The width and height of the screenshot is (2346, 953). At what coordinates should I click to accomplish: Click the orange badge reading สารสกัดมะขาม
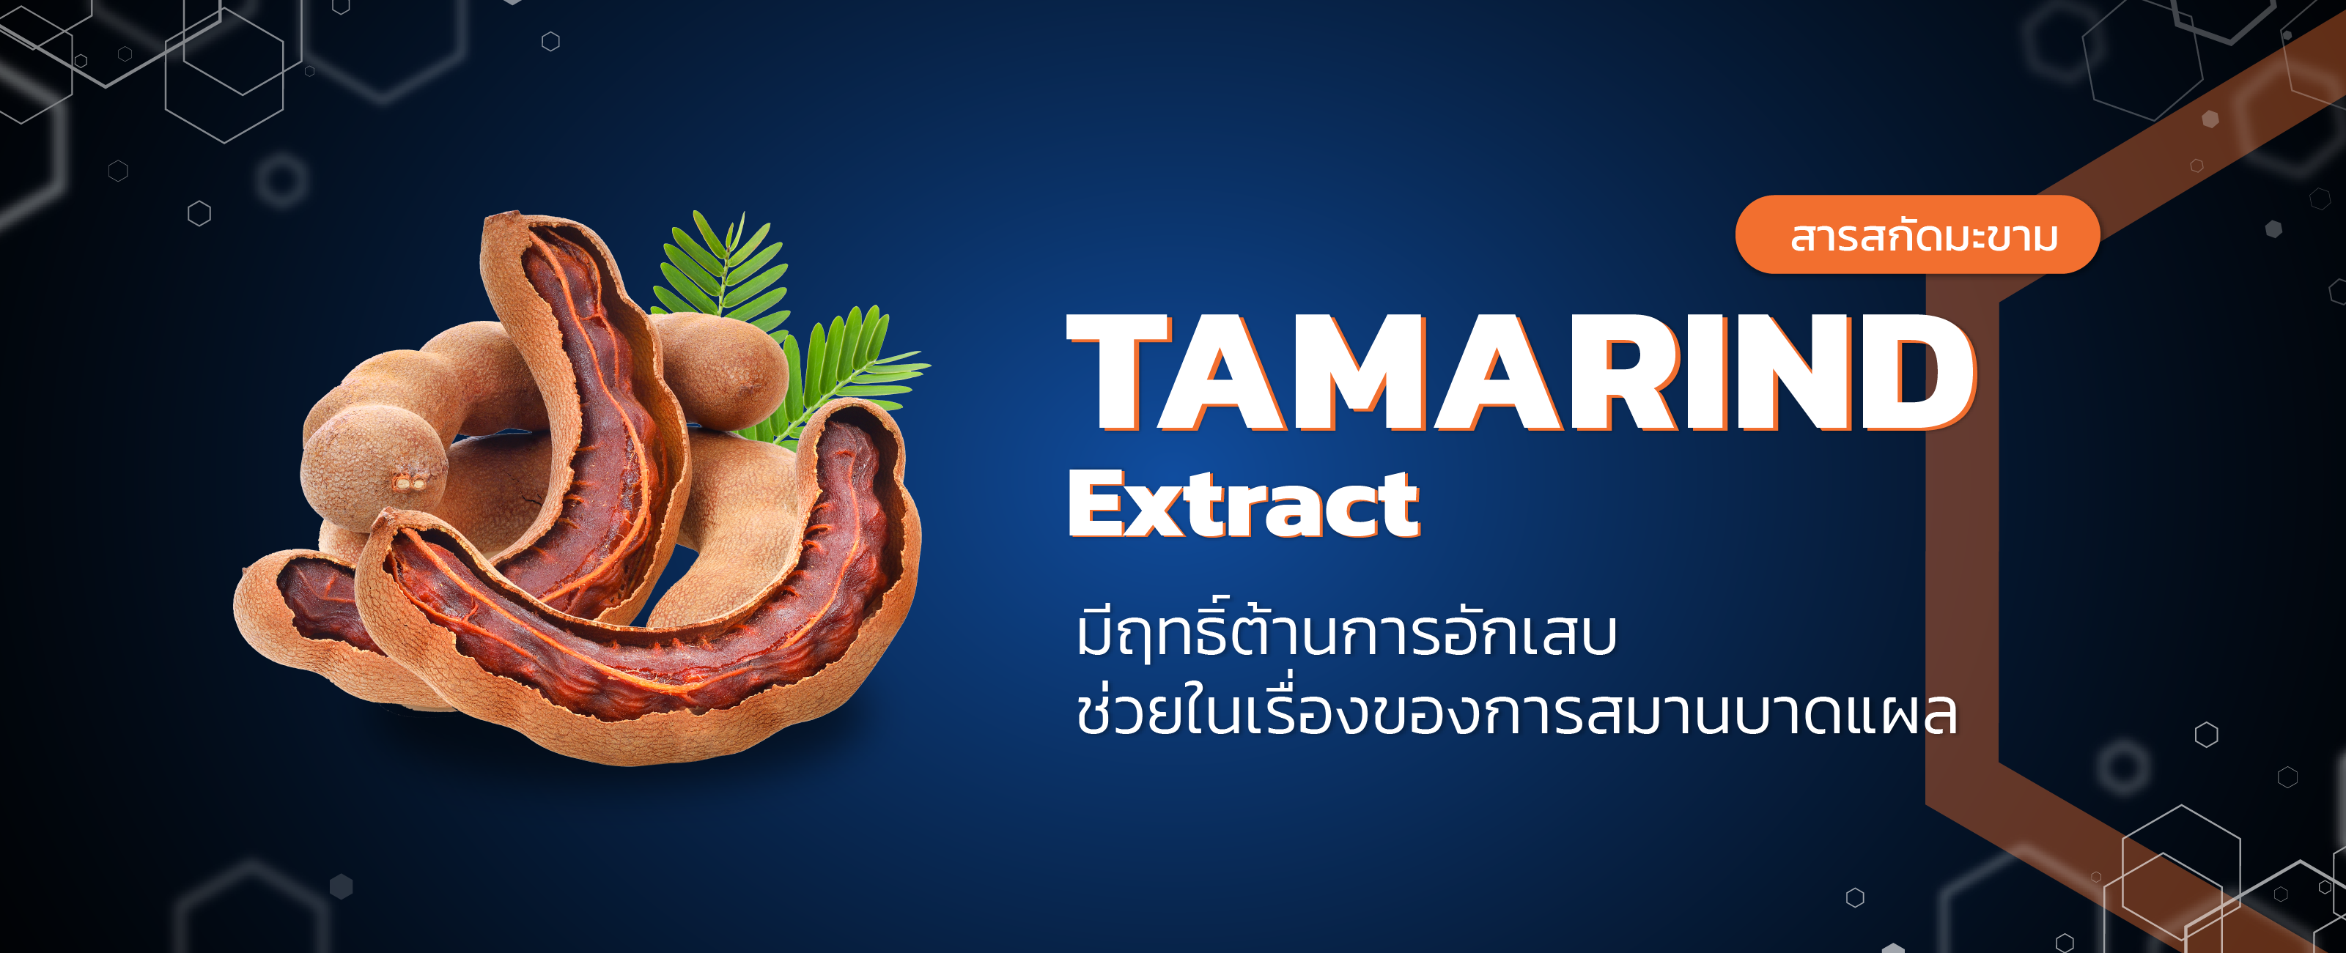click(x=1917, y=235)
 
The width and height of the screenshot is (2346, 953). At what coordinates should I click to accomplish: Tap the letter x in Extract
click(x=1157, y=510)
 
